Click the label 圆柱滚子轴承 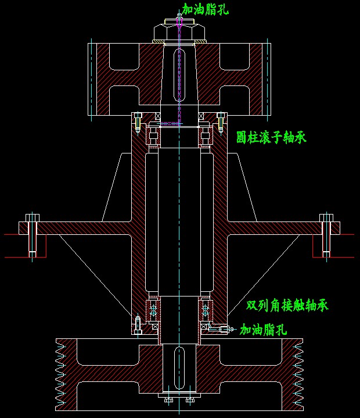[271, 137]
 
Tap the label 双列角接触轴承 [287, 305]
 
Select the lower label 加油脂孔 [263, 330]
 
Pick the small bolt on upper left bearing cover [138, 123]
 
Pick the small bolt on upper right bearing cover [221, 123]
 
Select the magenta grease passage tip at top [179, 20]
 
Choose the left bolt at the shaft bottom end [168, 400]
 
